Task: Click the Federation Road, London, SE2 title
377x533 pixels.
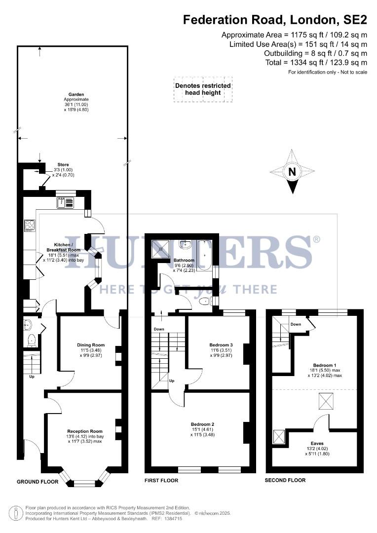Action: [x=275, y=20]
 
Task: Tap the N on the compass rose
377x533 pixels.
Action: [x=292, y=172]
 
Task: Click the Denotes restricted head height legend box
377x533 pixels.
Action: [x=203, y=89]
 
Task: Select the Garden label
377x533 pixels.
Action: [x=76, y=94]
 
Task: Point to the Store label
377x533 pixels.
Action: [x=63, y=165]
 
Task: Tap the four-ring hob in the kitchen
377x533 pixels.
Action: [x=29, y=226]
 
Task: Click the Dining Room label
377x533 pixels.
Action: [x=91, y=345]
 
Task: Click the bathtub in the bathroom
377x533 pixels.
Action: [x=204, y=254]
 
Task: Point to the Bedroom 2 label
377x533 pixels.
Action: [x=202, y=424]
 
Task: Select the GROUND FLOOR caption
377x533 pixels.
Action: [x=38, y=482]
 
